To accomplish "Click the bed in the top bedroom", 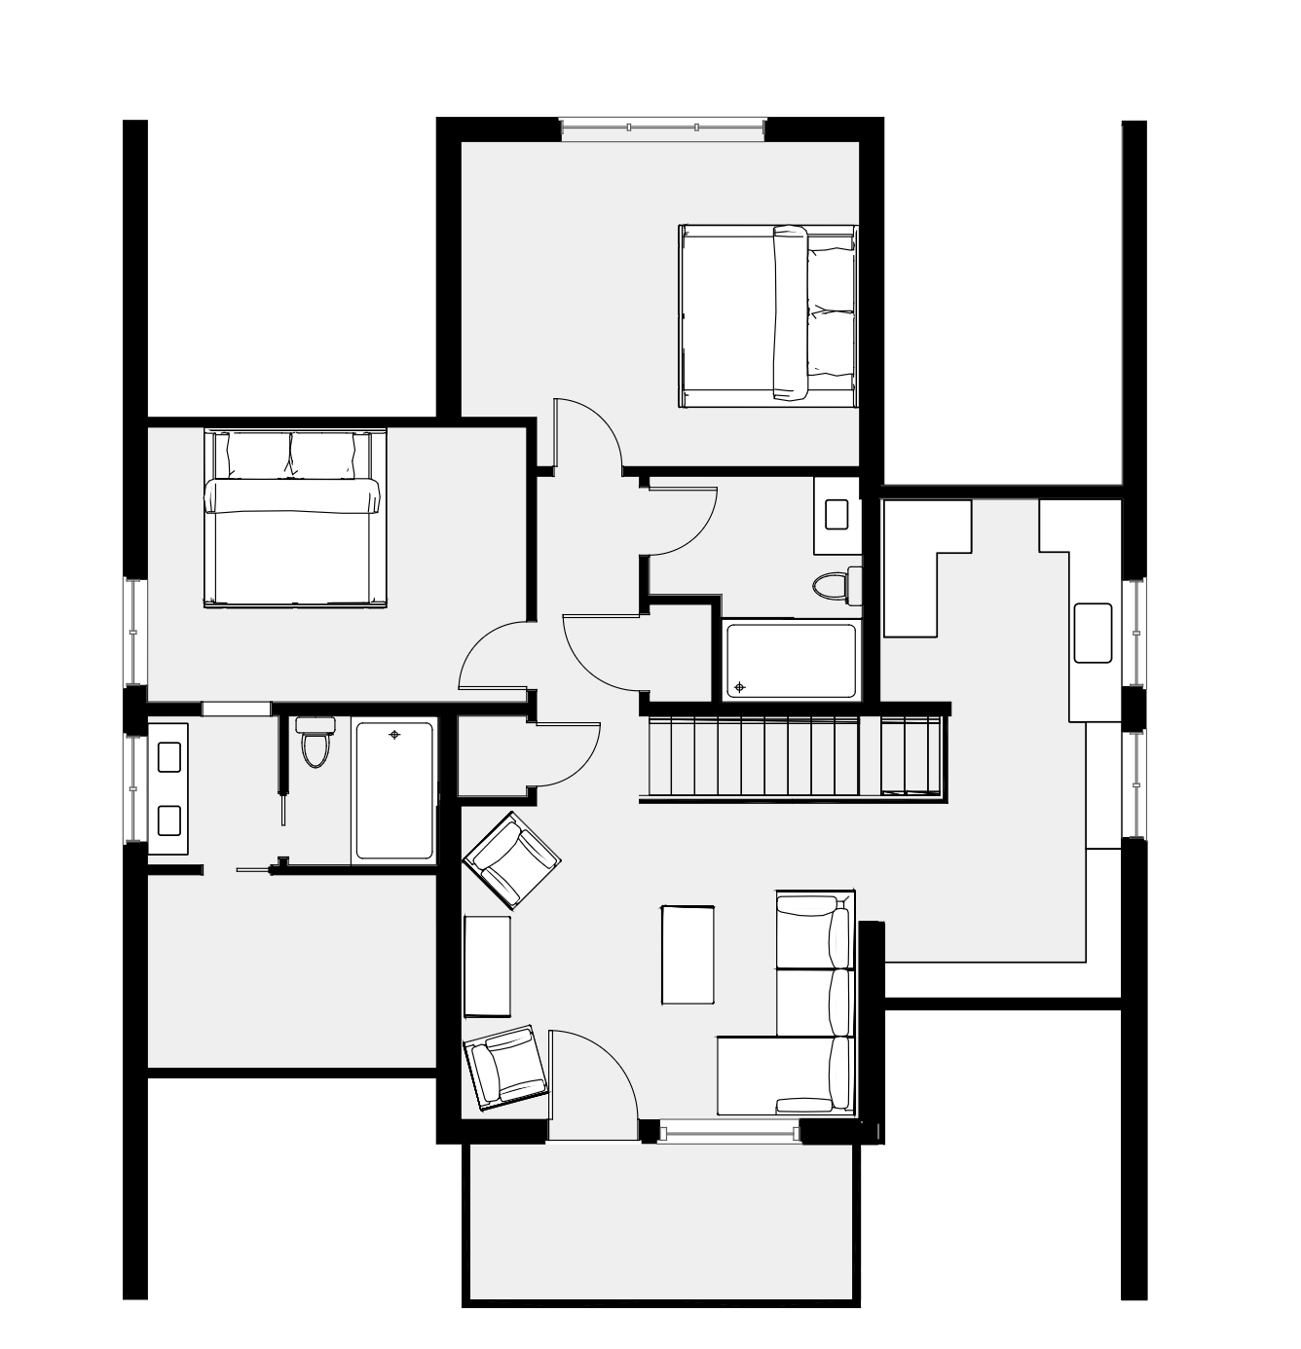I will tap(767, 315).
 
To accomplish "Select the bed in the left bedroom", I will tap(294, 518).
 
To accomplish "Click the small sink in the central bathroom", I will tap(836, 514).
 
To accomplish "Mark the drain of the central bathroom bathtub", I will tap(740, 687).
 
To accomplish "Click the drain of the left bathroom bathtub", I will tap(394, 735).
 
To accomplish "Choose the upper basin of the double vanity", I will tap(168, 757).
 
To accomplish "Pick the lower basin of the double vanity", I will tap(168, 820).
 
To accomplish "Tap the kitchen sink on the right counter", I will tap(1093, 633).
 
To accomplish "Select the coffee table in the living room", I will tap(688, 955).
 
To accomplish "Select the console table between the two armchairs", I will tap(487, 966).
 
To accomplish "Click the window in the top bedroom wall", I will tap(663, 128).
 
